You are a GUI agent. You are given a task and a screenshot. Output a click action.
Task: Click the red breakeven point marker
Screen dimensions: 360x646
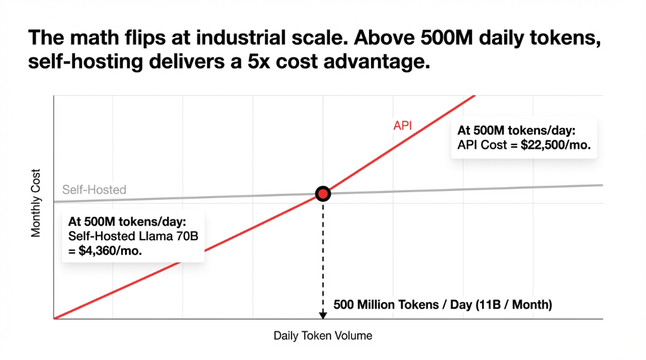click(322, 194)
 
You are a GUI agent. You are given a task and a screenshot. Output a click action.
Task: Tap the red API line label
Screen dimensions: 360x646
click(402, 125)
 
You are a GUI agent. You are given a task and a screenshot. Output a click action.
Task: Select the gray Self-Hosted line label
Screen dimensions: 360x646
click(94, 190)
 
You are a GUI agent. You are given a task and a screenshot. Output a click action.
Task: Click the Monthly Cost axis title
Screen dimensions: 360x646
click(36, 202)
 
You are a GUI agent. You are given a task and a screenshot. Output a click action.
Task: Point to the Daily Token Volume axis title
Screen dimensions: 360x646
click(322, 336)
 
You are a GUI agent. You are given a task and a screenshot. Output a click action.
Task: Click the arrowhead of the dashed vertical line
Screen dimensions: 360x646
click(322, 314)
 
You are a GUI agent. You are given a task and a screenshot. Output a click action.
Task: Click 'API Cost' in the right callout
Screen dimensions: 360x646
click(478, 144)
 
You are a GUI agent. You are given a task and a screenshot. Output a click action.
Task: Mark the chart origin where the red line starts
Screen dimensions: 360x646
click(55, 318)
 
